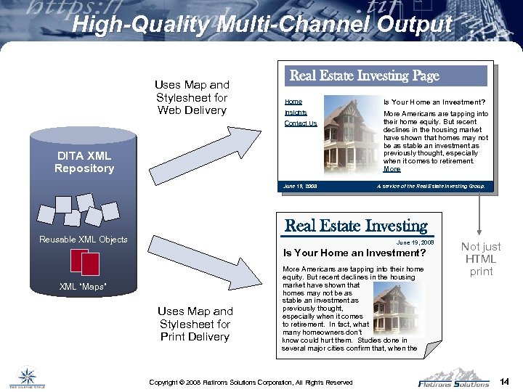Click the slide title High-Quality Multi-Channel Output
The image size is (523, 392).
click(x=261, y=25)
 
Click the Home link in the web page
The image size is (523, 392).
click(x=293, y=102)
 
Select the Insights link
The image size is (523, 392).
click(x=296, y=113)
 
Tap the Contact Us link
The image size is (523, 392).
click(x=301, y=123)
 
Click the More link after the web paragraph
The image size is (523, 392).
click(x=392, y=169)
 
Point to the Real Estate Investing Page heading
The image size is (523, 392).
click(x=365, y=75)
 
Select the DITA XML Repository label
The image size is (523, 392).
click(x=84, y=162)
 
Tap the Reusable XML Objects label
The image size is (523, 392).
click(x=84, y=240)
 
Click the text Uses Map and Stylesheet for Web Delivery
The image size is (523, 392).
click(x=192, y=98)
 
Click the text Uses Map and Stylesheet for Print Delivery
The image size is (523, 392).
click(x=195, y=324)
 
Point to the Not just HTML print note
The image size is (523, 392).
click(x=480, y=259)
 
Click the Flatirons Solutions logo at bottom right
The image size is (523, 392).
click(x=453, y=378)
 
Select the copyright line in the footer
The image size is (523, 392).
click(x=251, y=382)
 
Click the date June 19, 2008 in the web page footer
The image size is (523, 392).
click(x=300, y=187)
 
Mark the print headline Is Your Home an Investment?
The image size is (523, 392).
click(x=354, y=253)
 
